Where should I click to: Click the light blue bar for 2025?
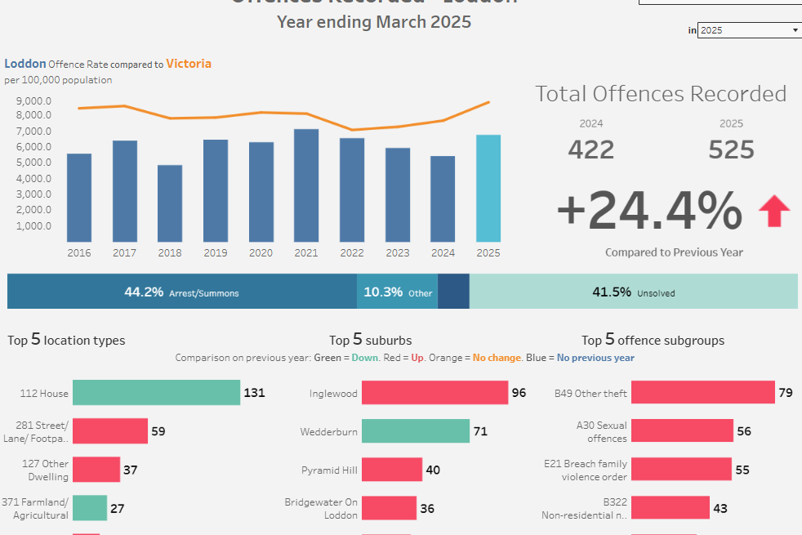click(x=488, y=188)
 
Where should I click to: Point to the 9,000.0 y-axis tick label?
click(x=33, y=100)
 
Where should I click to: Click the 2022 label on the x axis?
click(x=352, y=253)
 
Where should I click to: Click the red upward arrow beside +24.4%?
click(x=774, y=212)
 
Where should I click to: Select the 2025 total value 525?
click(x=731, y=149)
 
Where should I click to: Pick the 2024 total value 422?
click(x=591, y=149)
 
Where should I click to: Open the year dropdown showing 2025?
click(x=749, y=30)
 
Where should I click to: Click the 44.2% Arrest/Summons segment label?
click(x=181, y=292)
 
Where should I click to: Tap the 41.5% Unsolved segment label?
click(x=633, y=292)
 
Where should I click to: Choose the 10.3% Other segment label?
click(x=398, y=292)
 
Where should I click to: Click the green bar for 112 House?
click(x=156, y=393)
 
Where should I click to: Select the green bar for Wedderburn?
click(x=415, y=431)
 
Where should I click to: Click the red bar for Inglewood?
click(x=434, y=393)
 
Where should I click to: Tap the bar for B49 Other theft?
click(x=702, y=393)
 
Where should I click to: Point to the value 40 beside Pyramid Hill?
click(x=433, y=470)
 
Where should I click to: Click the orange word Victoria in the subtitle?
click(x=189, y=63)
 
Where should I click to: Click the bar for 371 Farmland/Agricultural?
click(x=90, y=508)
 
